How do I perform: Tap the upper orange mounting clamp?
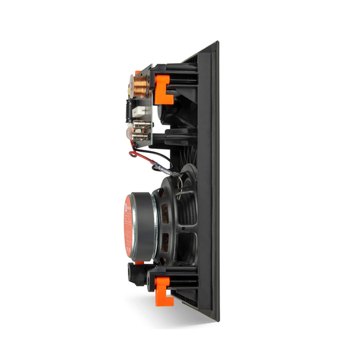pos(164,86)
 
